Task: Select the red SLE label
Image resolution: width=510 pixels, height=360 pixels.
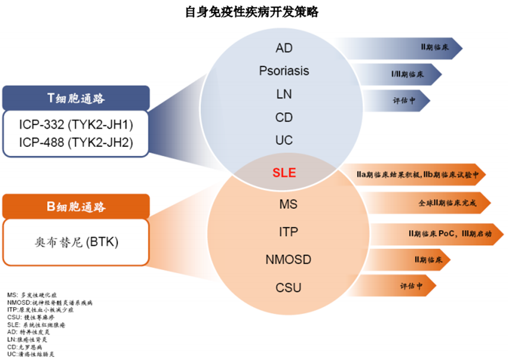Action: [284, 173]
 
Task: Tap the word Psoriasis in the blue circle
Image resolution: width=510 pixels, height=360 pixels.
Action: [284, 71]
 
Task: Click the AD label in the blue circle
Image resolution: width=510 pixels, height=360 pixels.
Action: [284, 48]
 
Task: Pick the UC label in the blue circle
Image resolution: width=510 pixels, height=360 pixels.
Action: [284, 141]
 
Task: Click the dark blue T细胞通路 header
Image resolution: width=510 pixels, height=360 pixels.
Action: [76, 98]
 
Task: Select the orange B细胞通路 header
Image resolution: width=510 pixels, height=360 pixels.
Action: [76, 207]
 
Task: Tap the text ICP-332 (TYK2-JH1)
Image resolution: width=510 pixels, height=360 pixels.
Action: [76, 126]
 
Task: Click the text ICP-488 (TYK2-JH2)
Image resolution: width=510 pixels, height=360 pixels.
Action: [76, 142]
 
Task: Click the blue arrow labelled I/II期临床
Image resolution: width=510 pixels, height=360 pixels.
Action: [407, 75]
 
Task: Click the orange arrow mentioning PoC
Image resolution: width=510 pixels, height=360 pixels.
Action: [440, 234]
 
